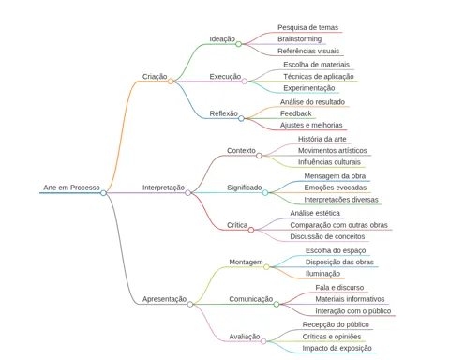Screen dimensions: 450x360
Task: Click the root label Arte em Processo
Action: pos(71,187)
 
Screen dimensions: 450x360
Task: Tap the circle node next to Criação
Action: pos(171,82)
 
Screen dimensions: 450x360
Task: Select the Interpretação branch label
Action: pos(163,187)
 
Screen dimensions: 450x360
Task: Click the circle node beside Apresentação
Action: pos(190,304)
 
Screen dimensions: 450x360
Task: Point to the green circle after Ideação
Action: pos(238,44)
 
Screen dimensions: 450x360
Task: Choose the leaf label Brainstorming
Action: pos(300,39)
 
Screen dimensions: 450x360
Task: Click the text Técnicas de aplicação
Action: pos(319,76)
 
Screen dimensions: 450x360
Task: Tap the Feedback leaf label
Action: pos(296,113)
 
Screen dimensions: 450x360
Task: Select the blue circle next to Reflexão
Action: pos(241,118)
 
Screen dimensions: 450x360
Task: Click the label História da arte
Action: pos(322,139)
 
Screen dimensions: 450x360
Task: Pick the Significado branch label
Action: pos(245,187)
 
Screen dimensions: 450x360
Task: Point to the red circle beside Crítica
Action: pos(251,230)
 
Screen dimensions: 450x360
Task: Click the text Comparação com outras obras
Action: pos(338,225)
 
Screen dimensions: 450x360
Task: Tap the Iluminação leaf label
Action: pos(322,274)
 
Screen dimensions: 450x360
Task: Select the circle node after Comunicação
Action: pos(277,304)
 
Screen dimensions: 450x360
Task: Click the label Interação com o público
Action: pos(353,311)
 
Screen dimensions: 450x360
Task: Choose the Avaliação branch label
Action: pos(245,337)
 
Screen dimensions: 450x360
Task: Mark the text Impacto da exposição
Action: pos(337,348)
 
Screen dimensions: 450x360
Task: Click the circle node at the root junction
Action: pos(104,193)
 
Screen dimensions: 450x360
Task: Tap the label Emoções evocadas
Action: pos(336,187)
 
